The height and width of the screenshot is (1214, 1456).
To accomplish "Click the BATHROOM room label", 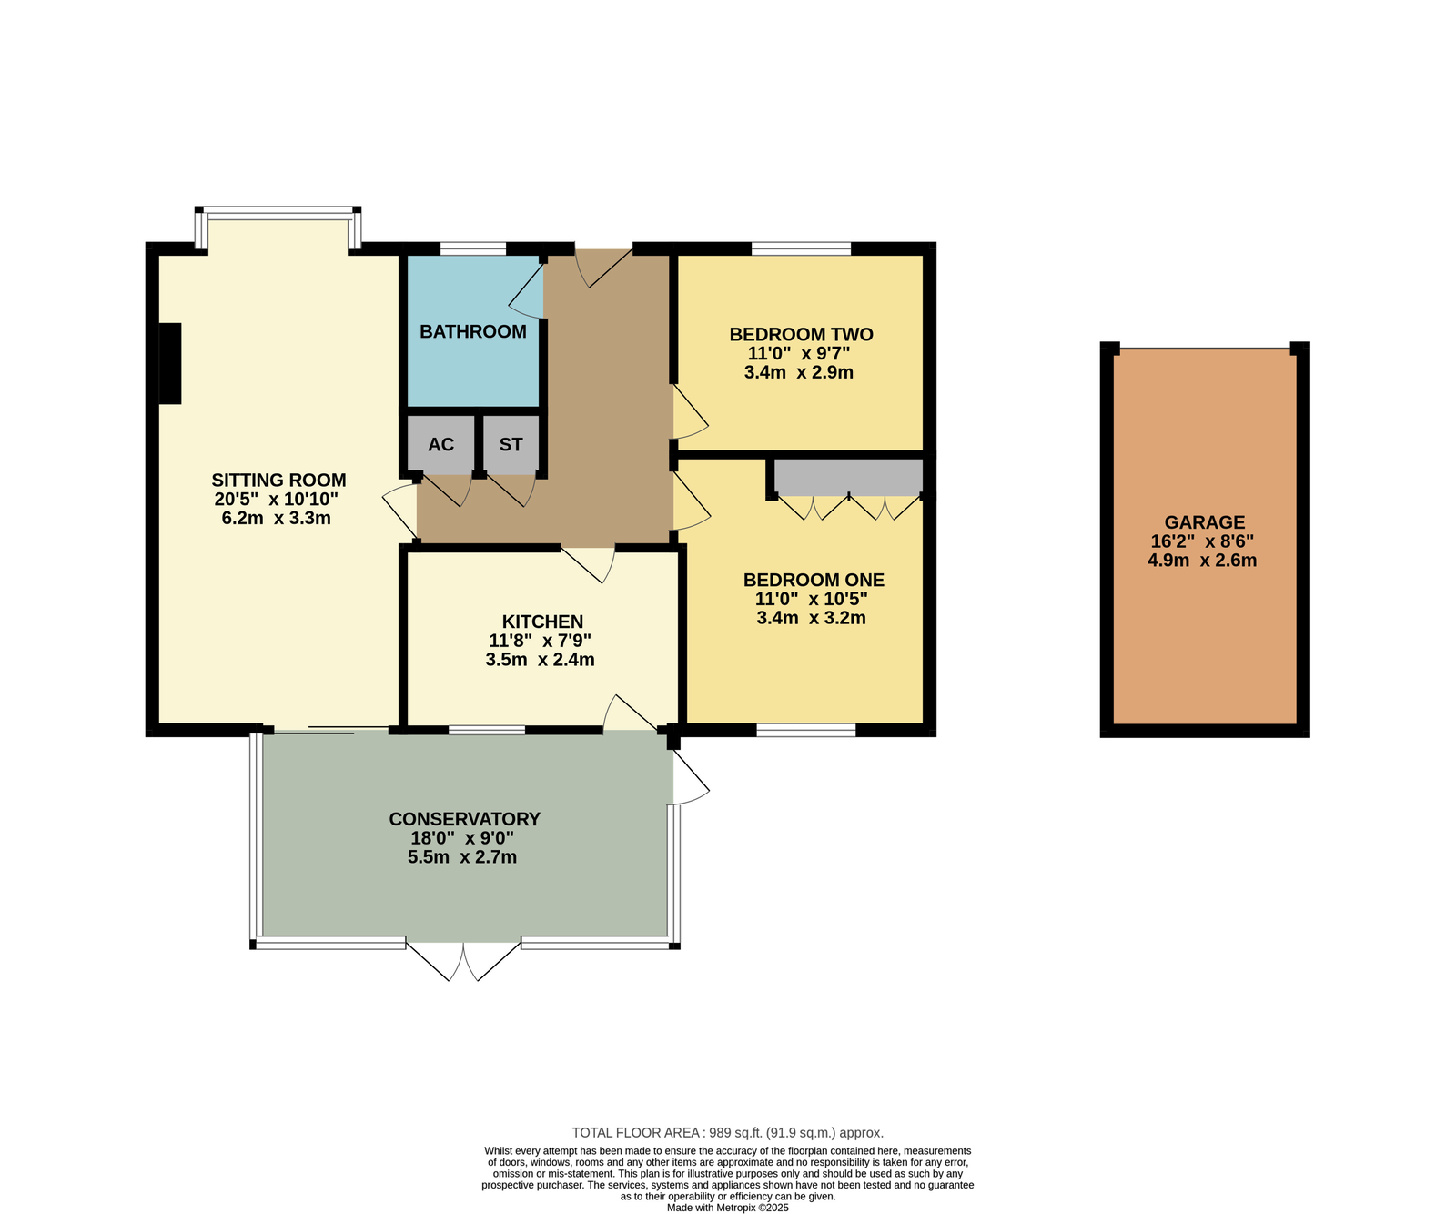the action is point(472,332).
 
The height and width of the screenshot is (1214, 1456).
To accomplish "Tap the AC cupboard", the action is point(440,445).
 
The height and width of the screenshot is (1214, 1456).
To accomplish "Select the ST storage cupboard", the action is point(511,445).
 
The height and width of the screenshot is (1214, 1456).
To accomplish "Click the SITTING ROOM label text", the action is point(278,480).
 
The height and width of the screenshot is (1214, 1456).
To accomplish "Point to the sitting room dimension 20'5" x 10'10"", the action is point(276,499).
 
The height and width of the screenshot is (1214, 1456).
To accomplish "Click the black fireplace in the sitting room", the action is point(170,363).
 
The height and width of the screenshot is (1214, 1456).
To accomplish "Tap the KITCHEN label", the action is point(542,622).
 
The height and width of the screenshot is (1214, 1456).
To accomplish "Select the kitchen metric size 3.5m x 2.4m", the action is point(540,660).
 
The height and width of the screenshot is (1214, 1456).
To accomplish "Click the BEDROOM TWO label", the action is point(801,335).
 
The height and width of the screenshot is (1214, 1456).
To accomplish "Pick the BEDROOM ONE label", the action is point(814,580).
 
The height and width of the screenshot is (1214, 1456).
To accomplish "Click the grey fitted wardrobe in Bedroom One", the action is point(848,478).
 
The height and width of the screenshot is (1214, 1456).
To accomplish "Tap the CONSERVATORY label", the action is point(464,819).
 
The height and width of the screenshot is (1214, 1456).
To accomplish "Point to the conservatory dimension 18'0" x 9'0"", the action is point(462,838).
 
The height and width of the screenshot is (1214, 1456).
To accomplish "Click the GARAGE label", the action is point(1205,522).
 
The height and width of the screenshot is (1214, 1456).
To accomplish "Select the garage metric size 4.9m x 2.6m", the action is point(1202,561).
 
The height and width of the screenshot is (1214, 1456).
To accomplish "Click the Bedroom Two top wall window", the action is point(801,248).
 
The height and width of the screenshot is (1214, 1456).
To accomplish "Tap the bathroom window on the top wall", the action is point(473,248).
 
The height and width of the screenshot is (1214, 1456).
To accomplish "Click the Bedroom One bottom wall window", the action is point(806,730).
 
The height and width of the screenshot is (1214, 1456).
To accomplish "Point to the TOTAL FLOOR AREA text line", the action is point(728,1133).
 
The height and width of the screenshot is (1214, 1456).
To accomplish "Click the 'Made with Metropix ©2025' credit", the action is point(728,1209).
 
